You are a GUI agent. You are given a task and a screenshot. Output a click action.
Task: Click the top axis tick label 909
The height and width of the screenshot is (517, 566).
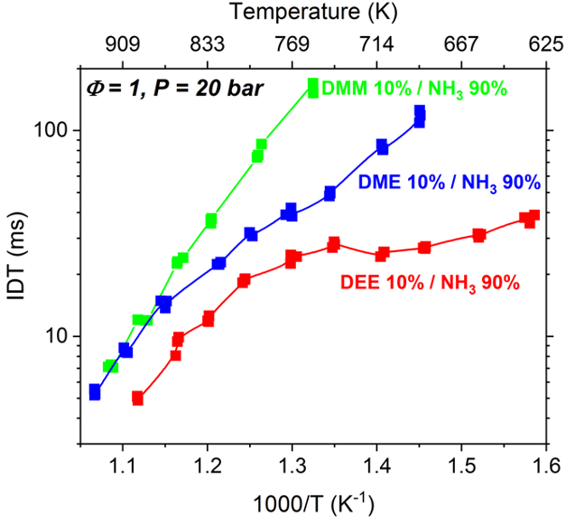[x=123, y=44]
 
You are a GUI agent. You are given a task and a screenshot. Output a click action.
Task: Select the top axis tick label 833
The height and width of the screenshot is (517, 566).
[x=208, y=44]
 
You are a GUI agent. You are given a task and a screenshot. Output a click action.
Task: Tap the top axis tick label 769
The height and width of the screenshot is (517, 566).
[x=292, y=44]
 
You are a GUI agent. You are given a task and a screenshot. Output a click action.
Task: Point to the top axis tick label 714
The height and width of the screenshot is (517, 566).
[x=376, y=44]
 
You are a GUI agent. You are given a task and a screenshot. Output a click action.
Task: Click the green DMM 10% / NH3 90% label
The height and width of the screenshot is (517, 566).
[x=414, y=89]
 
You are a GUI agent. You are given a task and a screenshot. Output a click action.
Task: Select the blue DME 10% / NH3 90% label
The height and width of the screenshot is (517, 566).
[x=450, y=183]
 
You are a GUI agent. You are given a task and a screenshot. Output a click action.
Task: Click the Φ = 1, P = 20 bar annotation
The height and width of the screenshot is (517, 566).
[x=173, y=88]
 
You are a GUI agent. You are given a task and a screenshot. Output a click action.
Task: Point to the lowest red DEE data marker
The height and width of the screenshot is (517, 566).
[x=138, y=398]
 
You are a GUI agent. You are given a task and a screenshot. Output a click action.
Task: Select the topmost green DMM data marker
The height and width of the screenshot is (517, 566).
[x=313, y=86]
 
